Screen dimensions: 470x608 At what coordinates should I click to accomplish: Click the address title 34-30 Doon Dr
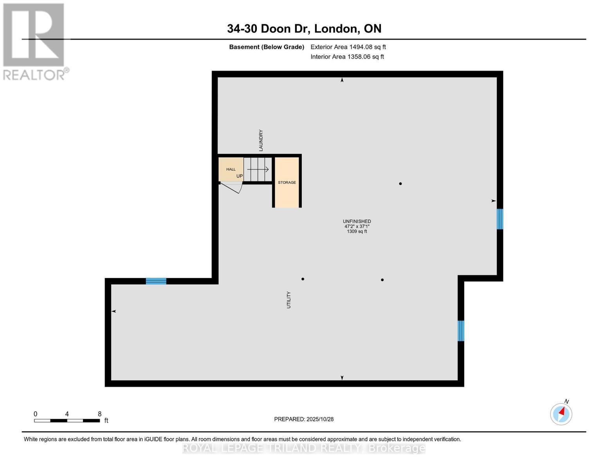pyautogui.click(x=304, y=29)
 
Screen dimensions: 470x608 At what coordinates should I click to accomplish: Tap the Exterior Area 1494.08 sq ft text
pyautogui.click(x=348, y=47)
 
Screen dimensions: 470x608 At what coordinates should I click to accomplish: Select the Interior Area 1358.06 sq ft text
pyautogui.click(x=347, y=57)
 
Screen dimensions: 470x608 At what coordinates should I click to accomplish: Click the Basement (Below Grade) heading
pyautogui.click(x=267, y=47)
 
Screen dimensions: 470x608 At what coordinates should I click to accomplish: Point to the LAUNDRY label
pyautogui.click(x=261, y=140)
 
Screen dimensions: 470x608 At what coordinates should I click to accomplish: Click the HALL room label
pyautogui.click(x=231, y=169)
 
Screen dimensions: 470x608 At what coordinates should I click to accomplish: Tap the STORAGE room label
pyautogui.click(x=287, y=183)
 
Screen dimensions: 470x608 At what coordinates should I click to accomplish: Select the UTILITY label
pyautogui.click(x=289, y=300)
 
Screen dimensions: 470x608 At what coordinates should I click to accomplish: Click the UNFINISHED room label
pyautogui.click(x=357, y=221)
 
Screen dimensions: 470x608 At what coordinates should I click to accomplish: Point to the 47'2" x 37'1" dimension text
pyautogui.click(x=357, y=226)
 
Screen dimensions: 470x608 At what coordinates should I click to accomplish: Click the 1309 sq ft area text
pyautogui.click(x=357, y=231)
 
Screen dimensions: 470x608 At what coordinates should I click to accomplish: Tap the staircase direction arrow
pyautogui.click(x=258, y=169)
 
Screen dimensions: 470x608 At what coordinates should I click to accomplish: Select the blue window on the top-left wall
pyautogui.click(x=156, y=281)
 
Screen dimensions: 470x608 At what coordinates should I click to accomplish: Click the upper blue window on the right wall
pyautogui.click(x=500, y=219)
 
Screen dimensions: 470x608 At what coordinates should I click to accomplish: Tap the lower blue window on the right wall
pyautogui.click(x=461, y=331)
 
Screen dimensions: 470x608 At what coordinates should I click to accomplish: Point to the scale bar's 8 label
pyautogui.click(x=99, y=414)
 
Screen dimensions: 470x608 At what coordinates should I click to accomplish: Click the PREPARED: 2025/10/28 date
pyautogui.click(x=304, y=419)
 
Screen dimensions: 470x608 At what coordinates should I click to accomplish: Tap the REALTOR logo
pyautogui.click(x=34, y=41)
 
